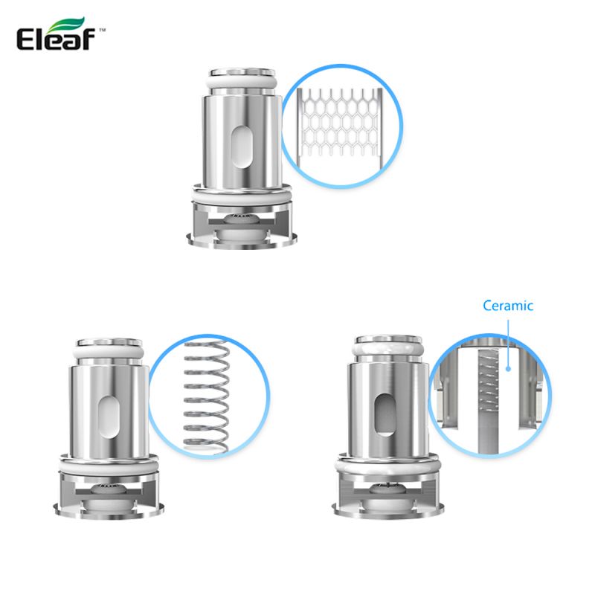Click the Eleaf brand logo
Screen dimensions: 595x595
click(x=61, y=34)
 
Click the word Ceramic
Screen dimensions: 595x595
click(x=508, y=306)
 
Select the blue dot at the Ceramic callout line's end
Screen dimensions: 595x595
click(x=508, y=368)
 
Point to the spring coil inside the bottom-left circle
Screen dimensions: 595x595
click(x=207, y=396)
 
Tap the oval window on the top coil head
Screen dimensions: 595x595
click(x=241, y=147)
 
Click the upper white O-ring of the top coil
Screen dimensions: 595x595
click(x=242, y=83)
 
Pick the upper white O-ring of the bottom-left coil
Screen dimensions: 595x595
click(x=109, y=353)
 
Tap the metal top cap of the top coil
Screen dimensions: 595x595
click(x=242, y=72)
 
